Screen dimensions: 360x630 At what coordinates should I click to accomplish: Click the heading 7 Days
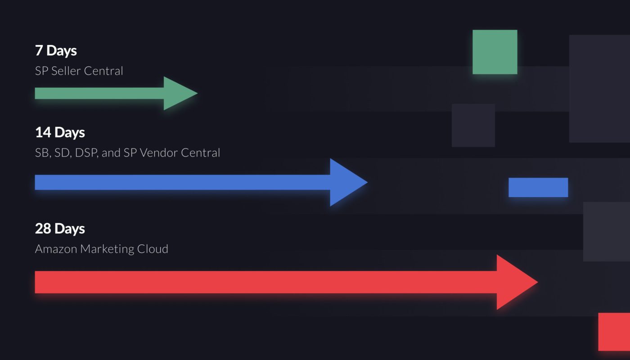(56, 51)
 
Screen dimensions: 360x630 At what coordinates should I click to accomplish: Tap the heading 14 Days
(60, 133)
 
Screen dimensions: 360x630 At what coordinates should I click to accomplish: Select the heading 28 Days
(60, 229)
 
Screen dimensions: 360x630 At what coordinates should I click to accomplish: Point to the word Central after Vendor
(200, 153)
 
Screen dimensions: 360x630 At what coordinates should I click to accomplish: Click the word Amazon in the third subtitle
(56, 249)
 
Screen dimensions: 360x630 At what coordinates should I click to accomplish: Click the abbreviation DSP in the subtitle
(86, 153)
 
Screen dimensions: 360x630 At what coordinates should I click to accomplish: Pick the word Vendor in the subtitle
(159, 153)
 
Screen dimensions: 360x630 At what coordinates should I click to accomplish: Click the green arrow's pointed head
(178, 94)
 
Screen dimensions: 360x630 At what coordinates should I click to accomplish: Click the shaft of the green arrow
(99, 94)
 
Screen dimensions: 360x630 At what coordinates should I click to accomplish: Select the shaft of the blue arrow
(180, 182)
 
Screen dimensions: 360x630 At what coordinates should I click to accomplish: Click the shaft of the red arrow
(265, 282)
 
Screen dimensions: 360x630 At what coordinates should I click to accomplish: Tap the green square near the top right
(495, 52)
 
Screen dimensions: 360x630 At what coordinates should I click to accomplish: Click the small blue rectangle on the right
(538, 188)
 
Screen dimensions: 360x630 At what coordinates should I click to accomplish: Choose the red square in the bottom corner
(615, 332)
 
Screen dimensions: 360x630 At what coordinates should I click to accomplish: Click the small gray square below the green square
(473, 126)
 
